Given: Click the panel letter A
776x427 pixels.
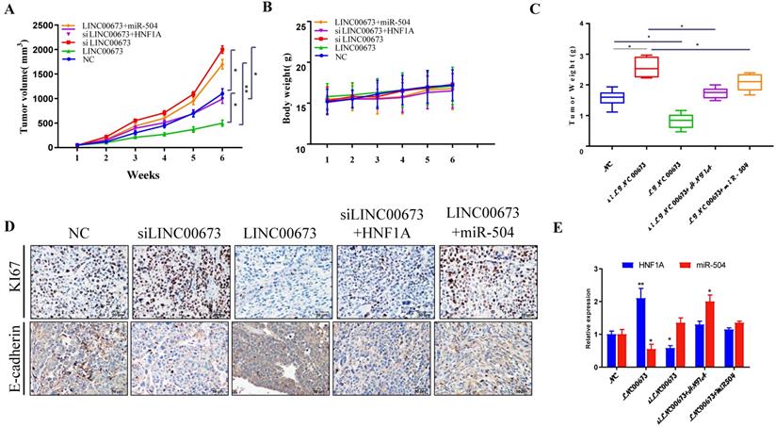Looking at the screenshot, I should coord(8,8).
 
